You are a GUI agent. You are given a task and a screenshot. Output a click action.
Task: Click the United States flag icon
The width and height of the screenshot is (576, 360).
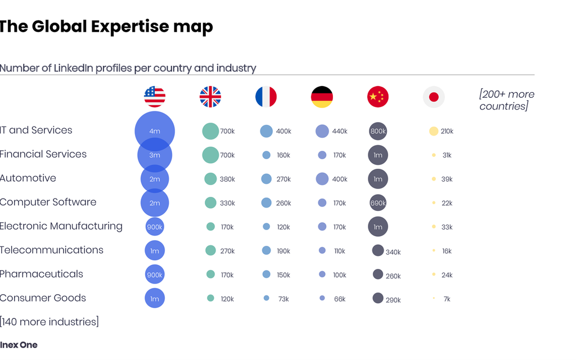point(155,97)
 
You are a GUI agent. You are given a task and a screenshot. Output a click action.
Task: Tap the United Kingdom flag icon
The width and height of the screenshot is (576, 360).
point(210,97)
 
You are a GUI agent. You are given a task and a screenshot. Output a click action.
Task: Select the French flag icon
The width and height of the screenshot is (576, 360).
point(266,97)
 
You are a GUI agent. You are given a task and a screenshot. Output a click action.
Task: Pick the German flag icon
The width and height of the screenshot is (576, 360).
point(322,97)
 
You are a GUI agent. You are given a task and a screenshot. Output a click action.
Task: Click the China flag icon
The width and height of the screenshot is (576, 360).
point(377,97)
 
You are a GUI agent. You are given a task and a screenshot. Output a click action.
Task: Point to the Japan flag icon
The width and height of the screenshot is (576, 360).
point(434,97)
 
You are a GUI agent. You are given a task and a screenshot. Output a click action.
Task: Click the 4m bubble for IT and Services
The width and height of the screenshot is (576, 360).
point(155,131)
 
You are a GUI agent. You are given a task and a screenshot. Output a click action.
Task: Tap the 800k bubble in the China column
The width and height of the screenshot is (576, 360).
point(378,131)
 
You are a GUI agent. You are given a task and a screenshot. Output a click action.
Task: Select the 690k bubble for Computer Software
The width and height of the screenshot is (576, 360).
point(378,202)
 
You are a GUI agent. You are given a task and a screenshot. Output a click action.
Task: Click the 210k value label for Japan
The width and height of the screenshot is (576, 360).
point(447,131)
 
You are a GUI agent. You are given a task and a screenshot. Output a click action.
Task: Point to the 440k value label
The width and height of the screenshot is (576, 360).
point(339,131)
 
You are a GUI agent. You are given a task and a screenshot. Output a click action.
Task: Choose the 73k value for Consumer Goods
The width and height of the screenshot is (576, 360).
point(283,299)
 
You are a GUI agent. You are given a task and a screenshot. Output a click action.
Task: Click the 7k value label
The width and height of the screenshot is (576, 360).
point(447,299)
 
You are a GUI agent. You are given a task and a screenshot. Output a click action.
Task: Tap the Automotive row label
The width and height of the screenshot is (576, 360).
point(28,178)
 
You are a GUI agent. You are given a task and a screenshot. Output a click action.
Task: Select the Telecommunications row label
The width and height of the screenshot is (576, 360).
point(51,250)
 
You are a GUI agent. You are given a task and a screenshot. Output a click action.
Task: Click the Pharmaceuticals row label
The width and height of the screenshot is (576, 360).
point(42,274)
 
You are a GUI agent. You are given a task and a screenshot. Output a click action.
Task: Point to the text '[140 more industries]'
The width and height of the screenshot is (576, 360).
point(49,322)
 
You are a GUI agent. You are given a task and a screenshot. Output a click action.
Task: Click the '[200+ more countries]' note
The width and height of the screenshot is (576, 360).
point(507,100)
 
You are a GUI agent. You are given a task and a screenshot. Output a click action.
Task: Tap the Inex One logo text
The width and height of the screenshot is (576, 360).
point(19,345)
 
